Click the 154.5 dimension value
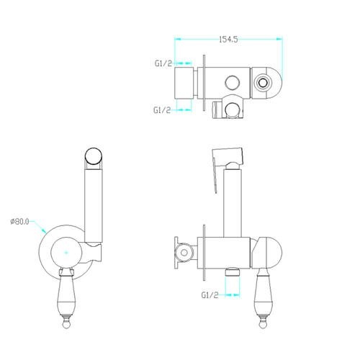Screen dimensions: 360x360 tap(228, 40)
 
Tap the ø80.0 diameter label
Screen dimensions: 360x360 tap(19, 222)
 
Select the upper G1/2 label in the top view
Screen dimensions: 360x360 tap(163, 63)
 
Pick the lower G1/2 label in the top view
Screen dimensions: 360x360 tap(162, 110)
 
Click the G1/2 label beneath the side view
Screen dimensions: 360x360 tap(210, 295)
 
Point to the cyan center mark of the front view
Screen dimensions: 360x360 tap(66, 253)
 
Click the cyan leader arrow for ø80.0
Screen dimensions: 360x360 tap(38, 227)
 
